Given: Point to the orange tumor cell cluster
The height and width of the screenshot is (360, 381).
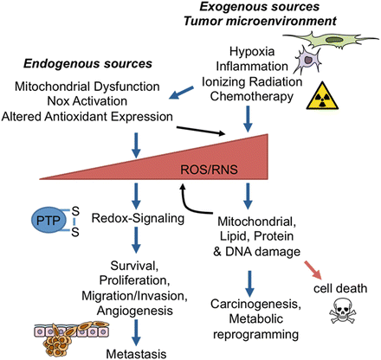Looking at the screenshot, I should (x=43, y=331).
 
